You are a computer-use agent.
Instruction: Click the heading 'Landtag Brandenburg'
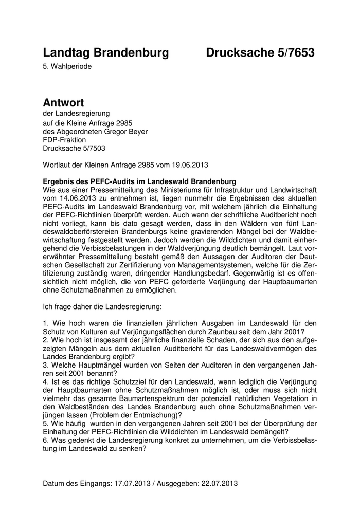[106, 52]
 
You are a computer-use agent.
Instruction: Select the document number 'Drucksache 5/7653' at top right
[260, 52]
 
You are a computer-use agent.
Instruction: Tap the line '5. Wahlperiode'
[67, 66]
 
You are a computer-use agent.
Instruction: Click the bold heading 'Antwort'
[63, 103]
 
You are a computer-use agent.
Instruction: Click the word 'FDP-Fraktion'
[65, 139]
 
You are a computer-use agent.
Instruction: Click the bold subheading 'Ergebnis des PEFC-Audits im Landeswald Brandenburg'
[139, 181]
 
